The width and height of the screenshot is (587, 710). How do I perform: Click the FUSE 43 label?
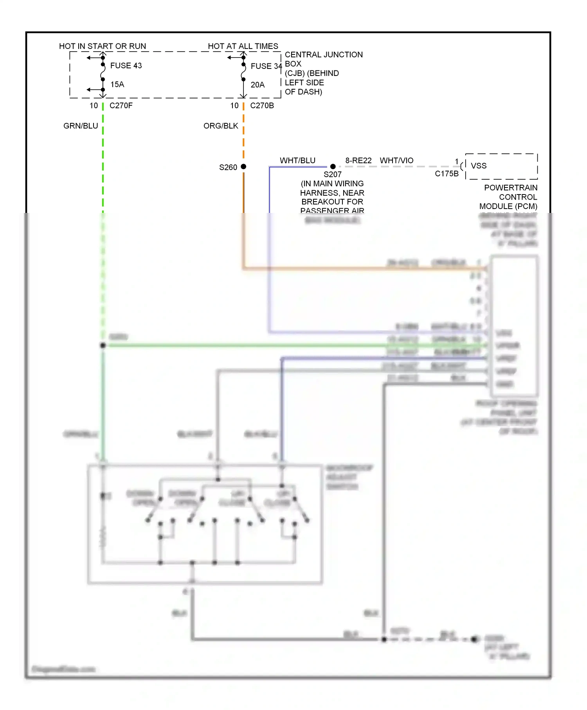pos(126,66)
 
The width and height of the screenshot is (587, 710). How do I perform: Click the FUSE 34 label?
pos(266,66)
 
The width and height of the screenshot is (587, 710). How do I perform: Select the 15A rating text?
pos(117,85)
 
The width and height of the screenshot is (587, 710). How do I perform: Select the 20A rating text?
pos(257,85)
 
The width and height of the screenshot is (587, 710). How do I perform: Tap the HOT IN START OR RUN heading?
pos(103,46)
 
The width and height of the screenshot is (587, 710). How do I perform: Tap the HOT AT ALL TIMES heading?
pos(243,46)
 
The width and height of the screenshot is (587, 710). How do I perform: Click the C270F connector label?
pos(121,106)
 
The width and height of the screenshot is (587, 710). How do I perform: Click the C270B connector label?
pos(262,106)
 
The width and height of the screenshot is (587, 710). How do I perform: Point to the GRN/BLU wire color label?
pos(81,126)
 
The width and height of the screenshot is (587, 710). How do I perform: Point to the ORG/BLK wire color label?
pos(221,126)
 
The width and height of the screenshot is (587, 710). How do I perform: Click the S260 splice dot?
pos(243,167)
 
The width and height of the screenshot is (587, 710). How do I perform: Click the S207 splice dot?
pos(333,167)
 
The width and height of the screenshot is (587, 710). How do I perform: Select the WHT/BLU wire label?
pos(297,160)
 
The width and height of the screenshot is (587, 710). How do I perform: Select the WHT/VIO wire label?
pos(396,160)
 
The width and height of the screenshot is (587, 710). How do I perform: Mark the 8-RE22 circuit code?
pos(358,160)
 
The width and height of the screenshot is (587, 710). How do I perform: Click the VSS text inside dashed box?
pos(479,166)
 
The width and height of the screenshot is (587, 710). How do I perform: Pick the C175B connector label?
pos(447,174)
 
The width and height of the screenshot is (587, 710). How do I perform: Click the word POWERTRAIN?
pos(511,188)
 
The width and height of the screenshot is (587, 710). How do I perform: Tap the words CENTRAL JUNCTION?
pos(324,55)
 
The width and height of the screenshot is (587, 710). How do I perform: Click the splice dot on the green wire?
pos(103,345)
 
